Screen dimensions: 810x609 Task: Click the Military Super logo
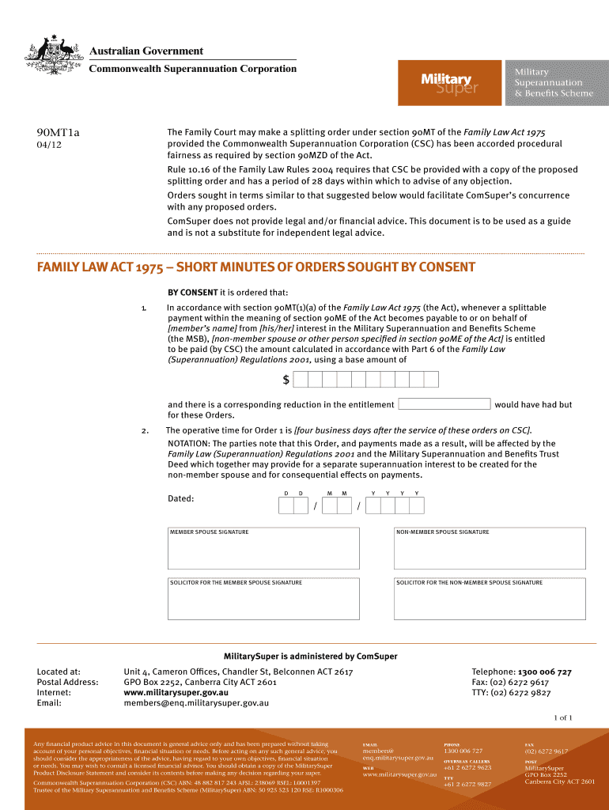click(x=448, y=82)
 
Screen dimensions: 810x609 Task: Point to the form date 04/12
click(x=48, y=146)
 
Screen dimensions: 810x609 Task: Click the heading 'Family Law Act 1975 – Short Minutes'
click(x=256, y=267)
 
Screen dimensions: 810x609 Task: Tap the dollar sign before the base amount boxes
click(x=286, y=380)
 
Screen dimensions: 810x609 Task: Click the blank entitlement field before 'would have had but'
click(x=444, y=403)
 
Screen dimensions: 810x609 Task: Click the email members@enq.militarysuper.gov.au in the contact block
click(x=196, y=702)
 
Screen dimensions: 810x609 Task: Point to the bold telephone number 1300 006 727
click(x=544, y=672)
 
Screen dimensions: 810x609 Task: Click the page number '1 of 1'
click(x=562, y=717)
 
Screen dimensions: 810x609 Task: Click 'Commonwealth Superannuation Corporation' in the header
click(x=192, y=68)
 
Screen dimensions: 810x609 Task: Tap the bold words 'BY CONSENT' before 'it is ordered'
click(x=192, y=292)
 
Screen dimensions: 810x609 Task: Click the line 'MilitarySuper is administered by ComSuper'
click(x=311, y=656)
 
